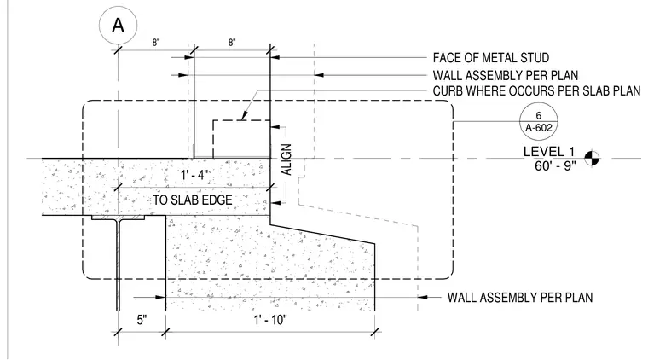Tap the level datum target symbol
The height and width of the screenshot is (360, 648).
point(592,158)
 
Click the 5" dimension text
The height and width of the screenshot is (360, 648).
point(142,320)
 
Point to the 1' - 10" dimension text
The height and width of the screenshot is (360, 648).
point(270,320)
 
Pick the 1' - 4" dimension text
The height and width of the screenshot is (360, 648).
point(194,175)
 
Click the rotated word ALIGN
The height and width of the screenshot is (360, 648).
point(286,160)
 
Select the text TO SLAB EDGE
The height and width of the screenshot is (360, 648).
point(193,200)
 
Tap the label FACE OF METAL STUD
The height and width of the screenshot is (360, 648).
point(491,58)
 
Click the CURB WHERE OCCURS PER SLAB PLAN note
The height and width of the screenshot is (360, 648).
point(536,91)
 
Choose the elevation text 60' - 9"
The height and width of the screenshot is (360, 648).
point(555,166)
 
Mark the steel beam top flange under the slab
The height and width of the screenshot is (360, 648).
point(119,217)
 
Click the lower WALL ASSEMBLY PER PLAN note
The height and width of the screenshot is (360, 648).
point(520,298)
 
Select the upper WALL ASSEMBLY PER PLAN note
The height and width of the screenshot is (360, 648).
point(506,76)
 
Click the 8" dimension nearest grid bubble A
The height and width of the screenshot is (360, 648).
point(156,42)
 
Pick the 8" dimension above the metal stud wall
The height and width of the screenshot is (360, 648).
point(232,42)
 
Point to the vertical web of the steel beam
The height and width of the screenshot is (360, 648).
point(119,264)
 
